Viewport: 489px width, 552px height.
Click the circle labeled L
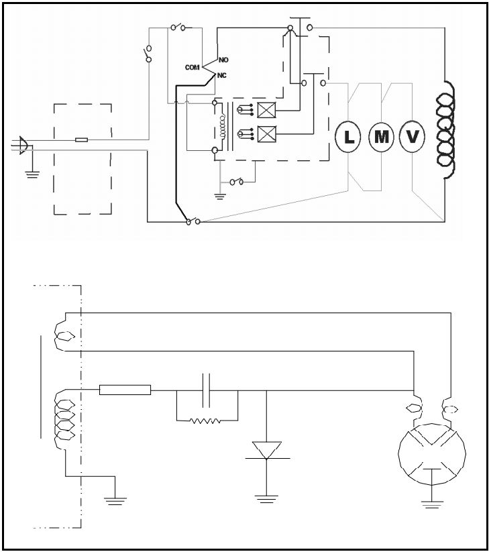pyautogui.click(x=348, y=137)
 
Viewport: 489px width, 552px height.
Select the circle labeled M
pyautogui.click(x=381, y=137)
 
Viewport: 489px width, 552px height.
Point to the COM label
pyautogui.click(x=193, y=68)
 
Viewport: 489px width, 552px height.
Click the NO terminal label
pyautogui.click(x=223, y=60)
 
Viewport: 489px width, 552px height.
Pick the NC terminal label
pyautogui.click(x=222, y=75)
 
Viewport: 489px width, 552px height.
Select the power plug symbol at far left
pyautogui.click(x=23, y=145)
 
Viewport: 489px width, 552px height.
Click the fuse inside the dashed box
pyautogui.click(x=82, y=140)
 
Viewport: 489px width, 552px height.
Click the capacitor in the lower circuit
pyautogui.click(x=207, y=390)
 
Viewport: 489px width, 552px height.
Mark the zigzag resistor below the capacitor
pyautogui.click(x=207, y=422)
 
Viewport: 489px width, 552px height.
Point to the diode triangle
pyautogui.click(x=266, y=450)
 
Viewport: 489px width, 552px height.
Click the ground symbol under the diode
pyautogui.click(x=266, y=498)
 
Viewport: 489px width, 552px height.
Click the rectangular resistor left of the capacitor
pyautogui.click(x=125, y=390)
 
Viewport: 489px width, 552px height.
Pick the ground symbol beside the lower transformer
pyautogui.click(x=115, y=500)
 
